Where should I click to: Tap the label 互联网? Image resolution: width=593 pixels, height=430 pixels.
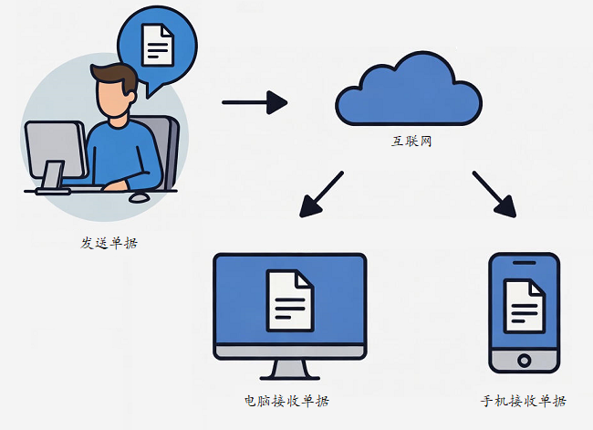coord(408,144)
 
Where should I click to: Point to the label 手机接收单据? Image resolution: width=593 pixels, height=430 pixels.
coord(523,401)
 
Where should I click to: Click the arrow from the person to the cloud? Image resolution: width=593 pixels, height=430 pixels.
coord(255,102)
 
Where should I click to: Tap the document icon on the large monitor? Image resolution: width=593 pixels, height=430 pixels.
coord(289,300)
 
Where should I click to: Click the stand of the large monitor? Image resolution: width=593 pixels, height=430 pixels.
coord(290,371)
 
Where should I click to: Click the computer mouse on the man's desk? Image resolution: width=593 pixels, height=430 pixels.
coord(140,196)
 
